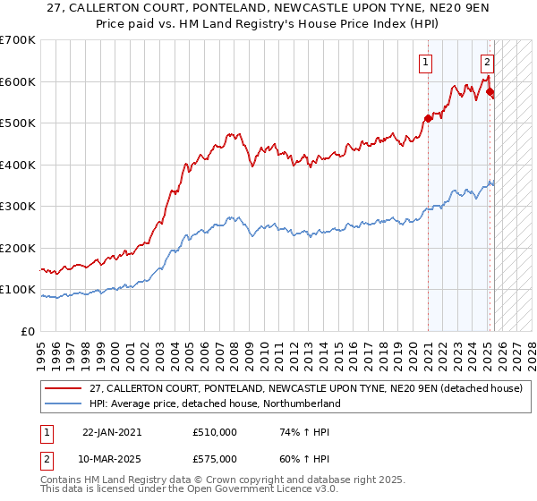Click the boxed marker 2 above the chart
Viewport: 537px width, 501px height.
coord(487,63)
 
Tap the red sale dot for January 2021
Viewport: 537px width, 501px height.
coord(428,118)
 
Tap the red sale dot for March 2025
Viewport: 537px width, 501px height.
coord(490,91)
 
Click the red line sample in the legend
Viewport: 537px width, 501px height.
coord(63,389)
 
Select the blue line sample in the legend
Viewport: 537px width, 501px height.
coord(63,403)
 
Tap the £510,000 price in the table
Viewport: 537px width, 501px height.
coord(215,432)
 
